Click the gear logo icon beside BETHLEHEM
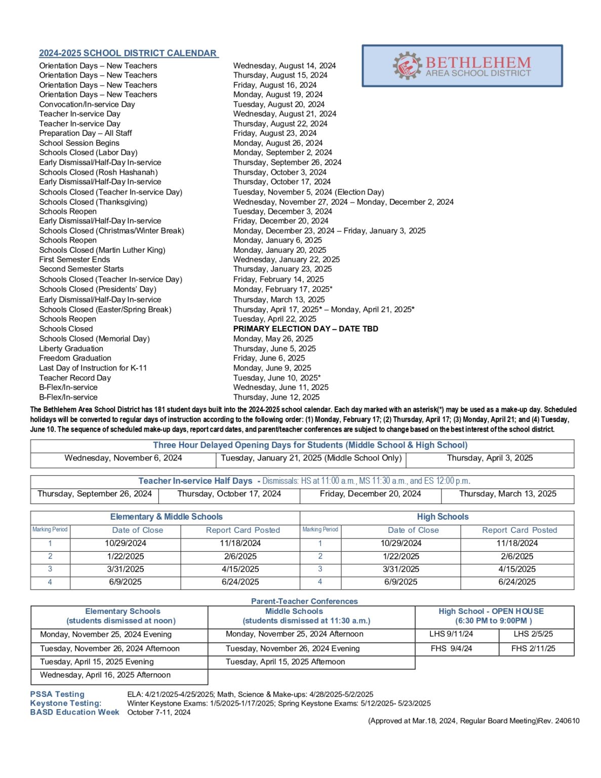[x=407, y=65]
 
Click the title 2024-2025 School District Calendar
[x=128, y=53]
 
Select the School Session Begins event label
[x=79, y=143]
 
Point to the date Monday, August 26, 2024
[x=278, y=143]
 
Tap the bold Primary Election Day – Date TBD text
[x=305, y=329]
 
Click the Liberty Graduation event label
[x=71, y=348]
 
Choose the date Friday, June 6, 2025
[x=269, y=358]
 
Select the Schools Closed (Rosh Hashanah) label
[x=99, y=172]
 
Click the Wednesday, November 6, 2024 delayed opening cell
[x=123, y=458]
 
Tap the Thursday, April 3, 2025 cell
[x=490, y=458]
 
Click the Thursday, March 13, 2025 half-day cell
[x=507, y=494]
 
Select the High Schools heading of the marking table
[x=443, y=517]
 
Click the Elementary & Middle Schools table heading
[x=166, y=517]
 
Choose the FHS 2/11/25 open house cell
[x=533, y=648]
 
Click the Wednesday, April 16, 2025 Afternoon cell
[x=105, y=675]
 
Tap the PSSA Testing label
[x=57, y=694]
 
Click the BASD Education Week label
[x=74, y=712]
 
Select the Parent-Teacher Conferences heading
[x=304, y=601]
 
